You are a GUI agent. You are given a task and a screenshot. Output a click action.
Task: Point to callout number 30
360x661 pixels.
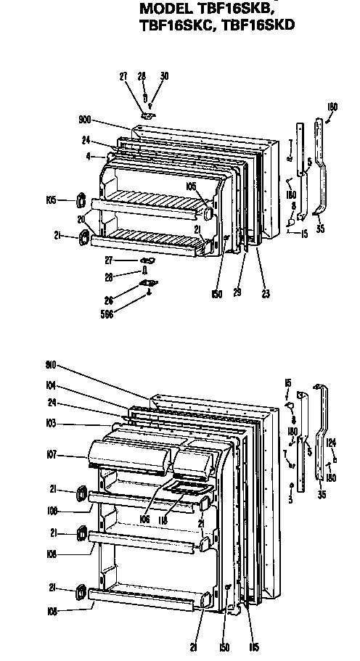(164, 75)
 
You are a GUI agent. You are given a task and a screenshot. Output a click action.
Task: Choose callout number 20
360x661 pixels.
(82, 219)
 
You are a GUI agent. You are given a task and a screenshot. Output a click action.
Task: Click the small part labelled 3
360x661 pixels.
(291, 485)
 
